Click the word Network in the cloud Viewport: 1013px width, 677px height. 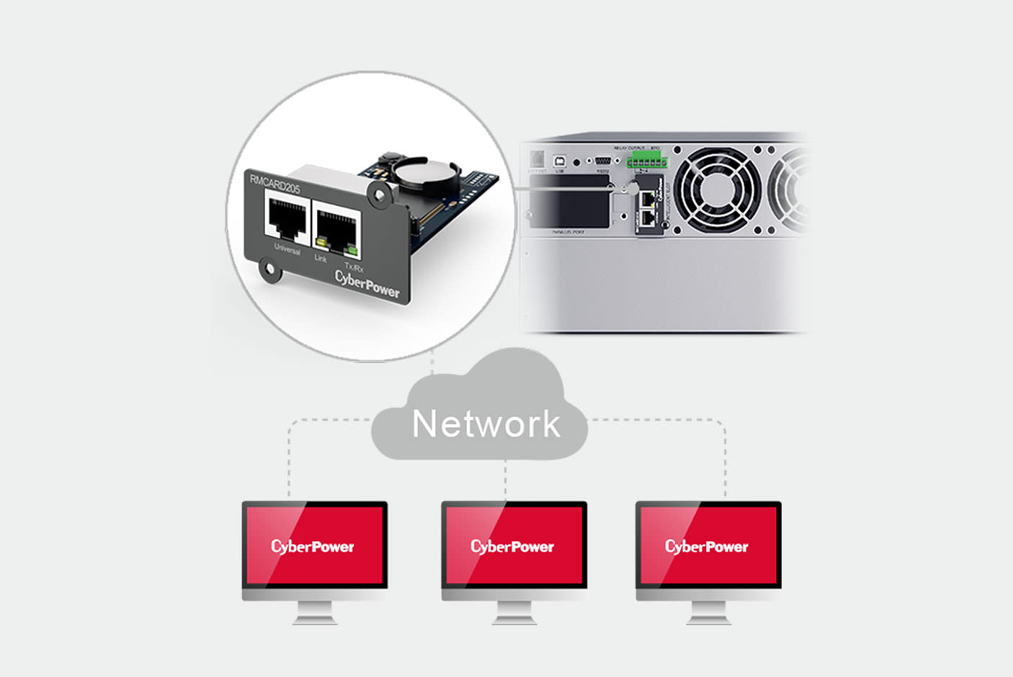[486, 423]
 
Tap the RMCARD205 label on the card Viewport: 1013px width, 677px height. [275, 184]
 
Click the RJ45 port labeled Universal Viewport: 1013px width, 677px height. [286, 215]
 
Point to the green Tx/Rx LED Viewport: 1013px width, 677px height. [352, 250]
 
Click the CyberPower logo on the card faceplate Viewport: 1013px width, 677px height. [367, 283]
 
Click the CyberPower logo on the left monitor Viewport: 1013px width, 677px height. [313, 547]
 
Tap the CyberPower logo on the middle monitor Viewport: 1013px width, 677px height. [512, 547]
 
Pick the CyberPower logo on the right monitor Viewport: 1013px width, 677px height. [707, 547]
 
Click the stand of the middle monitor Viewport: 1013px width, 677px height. [514, 613]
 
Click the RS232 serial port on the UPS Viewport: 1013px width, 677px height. [603, 161]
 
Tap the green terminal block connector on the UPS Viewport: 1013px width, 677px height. [646, 161]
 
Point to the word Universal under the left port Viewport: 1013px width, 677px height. [287, 249]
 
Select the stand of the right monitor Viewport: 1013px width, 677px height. [708, 613]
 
